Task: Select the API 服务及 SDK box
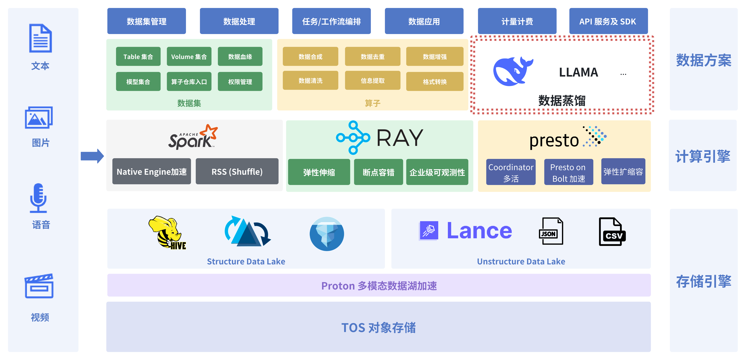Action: point(608,21)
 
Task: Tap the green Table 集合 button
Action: point(138,56)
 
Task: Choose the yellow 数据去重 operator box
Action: point(373,56)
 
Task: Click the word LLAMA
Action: point(578,72)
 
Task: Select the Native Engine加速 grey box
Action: point(151,172)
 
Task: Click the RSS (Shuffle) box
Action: point(237,172)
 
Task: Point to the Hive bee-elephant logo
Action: point(167,232)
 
